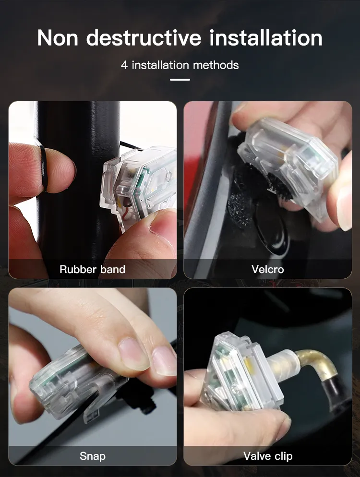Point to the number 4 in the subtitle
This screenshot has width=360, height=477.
click(x=124, y=65)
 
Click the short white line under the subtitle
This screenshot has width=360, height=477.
click(x=180, y=80)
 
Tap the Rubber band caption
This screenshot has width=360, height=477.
click(x=92, y=269)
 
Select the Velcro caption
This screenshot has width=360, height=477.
click(x=267, y=269)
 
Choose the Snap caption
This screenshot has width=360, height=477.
click(x=92, y=455)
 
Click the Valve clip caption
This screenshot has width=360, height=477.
click(x=267, y=455)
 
